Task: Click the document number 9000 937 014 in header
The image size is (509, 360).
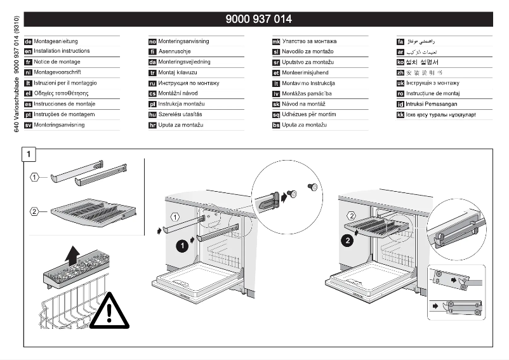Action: pos(258,19)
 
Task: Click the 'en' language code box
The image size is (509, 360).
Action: pos(28,51)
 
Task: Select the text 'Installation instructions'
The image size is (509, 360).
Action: pos(62,51)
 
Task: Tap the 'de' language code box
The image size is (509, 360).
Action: pos(28,41)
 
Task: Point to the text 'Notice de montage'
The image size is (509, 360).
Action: pos(57,62)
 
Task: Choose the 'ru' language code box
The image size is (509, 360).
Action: pos(152,83)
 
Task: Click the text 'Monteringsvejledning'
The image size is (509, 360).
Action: pos(184,62)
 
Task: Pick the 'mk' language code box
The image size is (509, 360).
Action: pos(276,41)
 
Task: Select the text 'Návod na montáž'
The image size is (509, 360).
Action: pos(303,104)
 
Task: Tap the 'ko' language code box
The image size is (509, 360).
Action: pos(400,62)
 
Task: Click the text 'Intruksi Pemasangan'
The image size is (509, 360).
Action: pos(432,104)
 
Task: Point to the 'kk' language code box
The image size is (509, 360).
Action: pos(400,115)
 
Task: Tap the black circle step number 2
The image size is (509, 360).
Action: pos(347,241)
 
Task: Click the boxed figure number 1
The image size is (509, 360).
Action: pos(30,154)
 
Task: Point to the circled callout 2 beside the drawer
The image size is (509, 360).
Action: pos(36,211)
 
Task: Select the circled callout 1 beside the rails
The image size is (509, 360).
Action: pos(36,176)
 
